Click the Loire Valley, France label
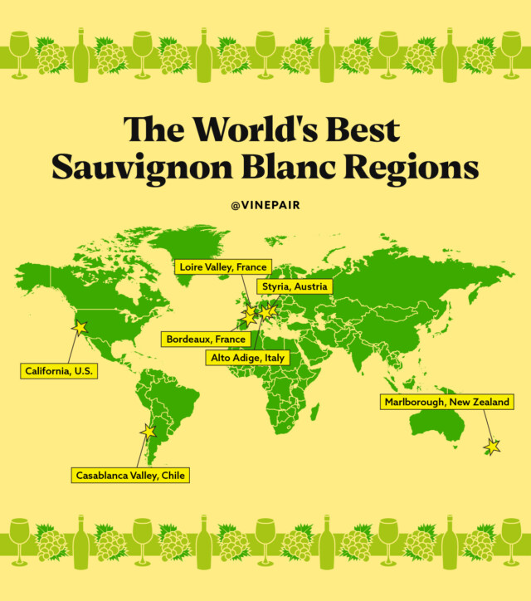click(223, 267)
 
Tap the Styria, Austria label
click(295, 286)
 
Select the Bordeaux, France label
click(206, 340)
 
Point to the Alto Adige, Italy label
click(246, 358)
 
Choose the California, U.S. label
click(59, 371)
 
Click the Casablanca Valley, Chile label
click(129, 476)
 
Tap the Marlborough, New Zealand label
click(446, 403)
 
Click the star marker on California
click(80, 328)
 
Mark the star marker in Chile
click(149, 432)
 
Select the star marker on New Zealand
click(492, 447)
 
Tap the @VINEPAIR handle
click(265, 202)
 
